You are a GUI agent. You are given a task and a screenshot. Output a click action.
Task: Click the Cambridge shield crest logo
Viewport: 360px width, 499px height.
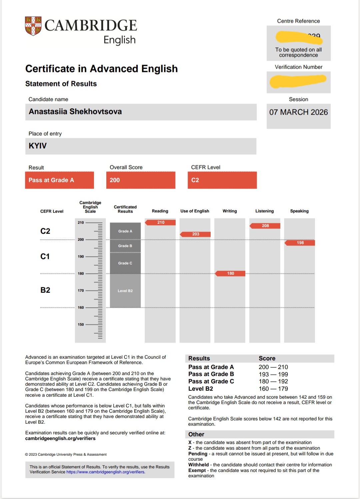click(x=33, y=26)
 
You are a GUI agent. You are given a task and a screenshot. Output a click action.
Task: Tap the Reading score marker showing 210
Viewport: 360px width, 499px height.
click(x=161, y=223)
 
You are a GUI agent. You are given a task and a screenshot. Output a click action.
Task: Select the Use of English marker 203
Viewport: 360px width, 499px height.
click(x=196, y=234)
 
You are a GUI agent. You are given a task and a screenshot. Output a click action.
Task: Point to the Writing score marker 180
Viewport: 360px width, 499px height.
click(x=230, y=273)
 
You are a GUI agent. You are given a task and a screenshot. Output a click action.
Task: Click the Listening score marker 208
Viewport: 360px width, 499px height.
click(x=265, y=226)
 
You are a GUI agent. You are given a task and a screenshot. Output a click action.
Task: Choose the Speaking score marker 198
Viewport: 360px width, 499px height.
click(x=300, y=243)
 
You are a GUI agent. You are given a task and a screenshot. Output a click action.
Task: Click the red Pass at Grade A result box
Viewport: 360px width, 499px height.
click(x=59, y=180)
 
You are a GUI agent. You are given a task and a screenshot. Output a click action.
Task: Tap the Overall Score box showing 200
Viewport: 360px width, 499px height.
click(x=141, y=180)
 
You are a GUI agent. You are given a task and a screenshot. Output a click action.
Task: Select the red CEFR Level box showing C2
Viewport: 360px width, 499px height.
click(x=222, y=180)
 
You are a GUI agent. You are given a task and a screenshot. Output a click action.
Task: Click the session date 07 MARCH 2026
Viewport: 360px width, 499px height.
click(x=298, y=112)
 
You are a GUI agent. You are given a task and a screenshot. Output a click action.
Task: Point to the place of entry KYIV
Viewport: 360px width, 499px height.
click(x=38, y=146)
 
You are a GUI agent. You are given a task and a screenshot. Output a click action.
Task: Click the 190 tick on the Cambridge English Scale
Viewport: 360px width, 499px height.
click(x=81, y=256)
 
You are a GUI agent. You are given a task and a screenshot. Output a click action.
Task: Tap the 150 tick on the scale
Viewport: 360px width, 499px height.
click(x=81, y=324)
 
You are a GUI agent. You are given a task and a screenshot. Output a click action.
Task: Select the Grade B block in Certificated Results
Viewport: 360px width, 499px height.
click(x=125, y=246)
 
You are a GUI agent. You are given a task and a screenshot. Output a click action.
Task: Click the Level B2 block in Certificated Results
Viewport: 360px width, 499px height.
click(x=125, y=291)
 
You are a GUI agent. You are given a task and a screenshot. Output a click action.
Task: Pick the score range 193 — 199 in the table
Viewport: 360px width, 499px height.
click(x=273, y=374)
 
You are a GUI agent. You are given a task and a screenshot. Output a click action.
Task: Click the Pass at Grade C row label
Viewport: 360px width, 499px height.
click(x=211, y=381)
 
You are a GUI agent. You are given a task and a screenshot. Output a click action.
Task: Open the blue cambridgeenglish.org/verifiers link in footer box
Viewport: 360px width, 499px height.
click(x=105, y=472)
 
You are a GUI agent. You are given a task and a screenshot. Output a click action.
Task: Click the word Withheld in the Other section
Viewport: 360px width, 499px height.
click(x=198, y=465)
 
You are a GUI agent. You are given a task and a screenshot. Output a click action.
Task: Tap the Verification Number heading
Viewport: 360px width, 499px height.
click(x=298, y=67)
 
